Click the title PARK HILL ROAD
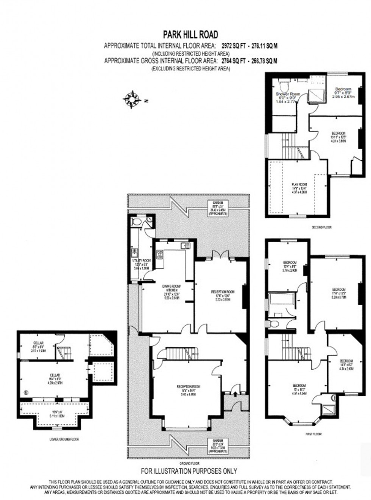[x=190, y=35]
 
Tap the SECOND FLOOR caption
[x=321, y=227]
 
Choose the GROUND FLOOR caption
[x=190, y=463]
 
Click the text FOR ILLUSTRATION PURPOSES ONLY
[x=189, y=471]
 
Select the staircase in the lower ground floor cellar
[x=65, y=352]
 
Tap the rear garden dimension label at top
[x=218, y=208]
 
